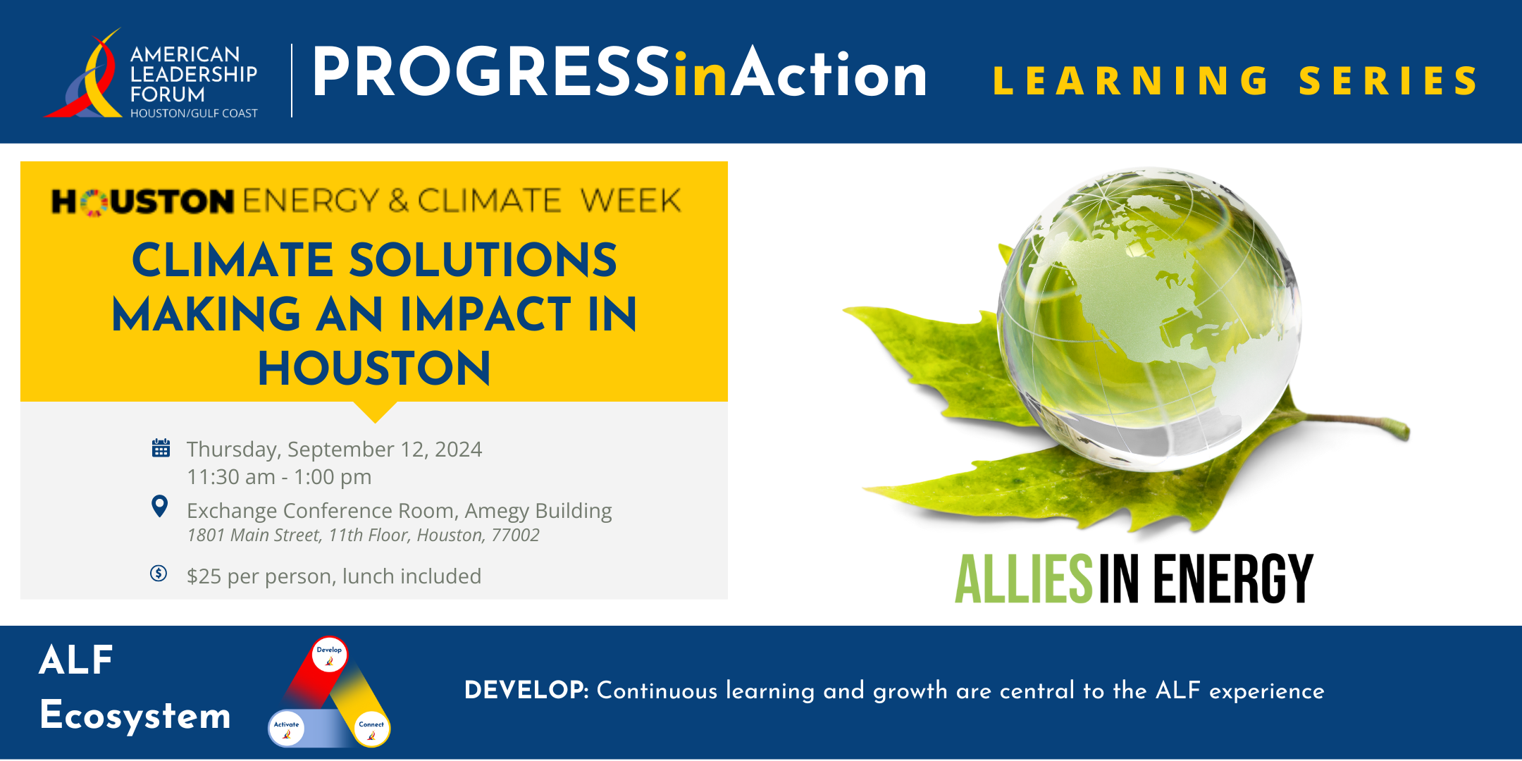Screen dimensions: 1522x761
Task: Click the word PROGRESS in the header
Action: [490, 72]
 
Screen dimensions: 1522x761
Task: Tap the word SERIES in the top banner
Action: [1388, 80]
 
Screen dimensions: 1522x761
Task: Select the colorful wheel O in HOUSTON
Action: [94, 202]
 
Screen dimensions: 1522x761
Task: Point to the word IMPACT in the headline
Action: [486, 314]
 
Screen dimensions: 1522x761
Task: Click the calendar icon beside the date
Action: [161, 447]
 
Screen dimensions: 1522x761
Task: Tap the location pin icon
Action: [160, 506]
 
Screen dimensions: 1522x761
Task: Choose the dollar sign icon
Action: [159, 573]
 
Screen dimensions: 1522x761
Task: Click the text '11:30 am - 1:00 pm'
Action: [279, 477]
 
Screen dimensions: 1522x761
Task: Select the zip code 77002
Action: [515, 536]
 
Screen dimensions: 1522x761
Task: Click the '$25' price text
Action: [204, 576]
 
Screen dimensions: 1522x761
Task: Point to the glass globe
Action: [1150, 318]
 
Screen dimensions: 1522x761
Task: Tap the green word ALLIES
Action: [1023, 579]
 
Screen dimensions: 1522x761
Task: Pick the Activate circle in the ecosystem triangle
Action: [286, 729]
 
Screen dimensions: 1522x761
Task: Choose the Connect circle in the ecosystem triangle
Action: [371, 729]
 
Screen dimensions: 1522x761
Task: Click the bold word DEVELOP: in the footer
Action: [526, 690]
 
